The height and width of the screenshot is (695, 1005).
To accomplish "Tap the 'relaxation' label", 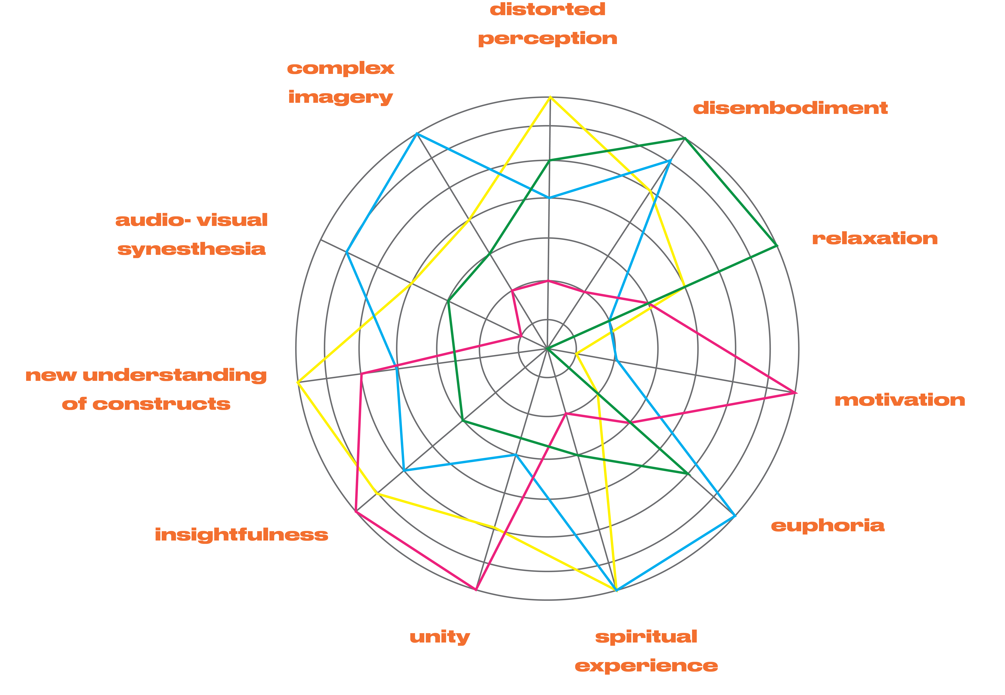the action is [875, 239].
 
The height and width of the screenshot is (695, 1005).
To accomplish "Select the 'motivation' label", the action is [900, 400].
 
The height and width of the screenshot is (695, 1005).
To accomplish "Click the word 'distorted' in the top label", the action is [547, 9].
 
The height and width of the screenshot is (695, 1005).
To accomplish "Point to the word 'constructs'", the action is [162, 404].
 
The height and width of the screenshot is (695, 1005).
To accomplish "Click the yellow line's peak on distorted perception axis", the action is [550, 97].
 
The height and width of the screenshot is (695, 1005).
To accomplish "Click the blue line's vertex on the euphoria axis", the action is [735, 516].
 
